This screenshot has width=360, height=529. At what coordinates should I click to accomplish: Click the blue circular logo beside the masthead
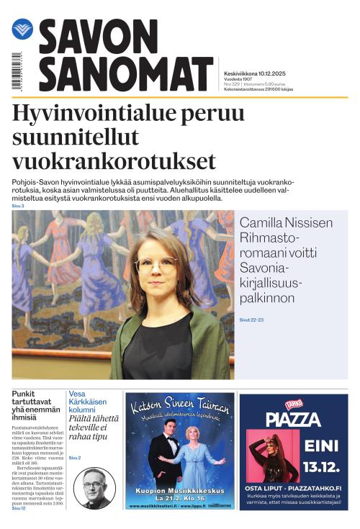click(22, 30)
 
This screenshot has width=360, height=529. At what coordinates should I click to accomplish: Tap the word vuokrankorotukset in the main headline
click(114, 160)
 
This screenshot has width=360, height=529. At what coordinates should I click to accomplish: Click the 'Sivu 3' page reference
click(18, 206)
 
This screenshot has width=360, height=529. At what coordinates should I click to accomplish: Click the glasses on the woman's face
click(155, 265)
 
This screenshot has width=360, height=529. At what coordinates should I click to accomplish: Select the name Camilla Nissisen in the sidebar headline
click(286, 223)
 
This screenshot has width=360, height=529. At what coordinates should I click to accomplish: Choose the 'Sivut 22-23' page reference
click(253, 319)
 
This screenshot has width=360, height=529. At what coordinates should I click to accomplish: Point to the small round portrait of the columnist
click(94, 488)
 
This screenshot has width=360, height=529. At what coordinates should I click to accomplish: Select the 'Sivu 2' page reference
click(75, 458)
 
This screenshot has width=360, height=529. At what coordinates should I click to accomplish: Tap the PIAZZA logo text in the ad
click(293, 418)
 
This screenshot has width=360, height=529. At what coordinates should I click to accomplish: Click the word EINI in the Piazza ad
click(320, 445)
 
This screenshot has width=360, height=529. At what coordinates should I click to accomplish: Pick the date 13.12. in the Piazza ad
click(320, 466)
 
